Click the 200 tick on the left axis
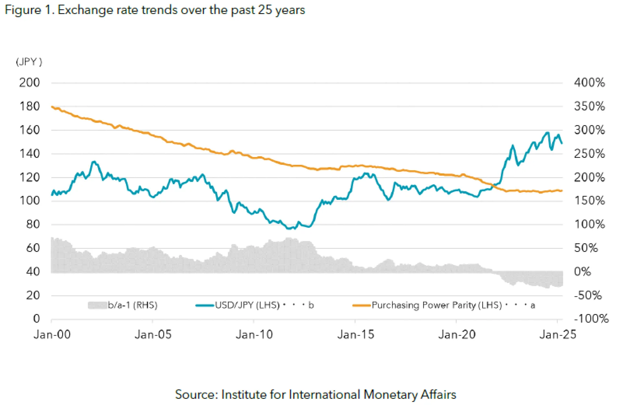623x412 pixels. tap(29, 83)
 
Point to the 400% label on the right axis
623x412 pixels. tap(589, 83)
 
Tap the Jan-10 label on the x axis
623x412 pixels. tap(254, 334)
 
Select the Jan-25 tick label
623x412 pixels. tap(557, 334)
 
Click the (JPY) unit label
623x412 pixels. tap(29, 62)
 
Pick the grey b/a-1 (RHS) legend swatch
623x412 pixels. tap(97, 305)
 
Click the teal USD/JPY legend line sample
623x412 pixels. tap(205, 305)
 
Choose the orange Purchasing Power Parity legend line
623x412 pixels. tap(361, 305)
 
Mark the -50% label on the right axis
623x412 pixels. tap(588, 296)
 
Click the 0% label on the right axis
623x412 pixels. tap(582, 272)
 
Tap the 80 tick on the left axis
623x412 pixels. tap(33, 224)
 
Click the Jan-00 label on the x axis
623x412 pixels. tap(52, 334)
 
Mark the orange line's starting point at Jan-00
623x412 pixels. tap(52, 107)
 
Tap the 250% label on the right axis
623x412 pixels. tap(589, 154)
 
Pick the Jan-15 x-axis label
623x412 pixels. tap(356, 334)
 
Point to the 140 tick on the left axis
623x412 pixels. tap(30, 154)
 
